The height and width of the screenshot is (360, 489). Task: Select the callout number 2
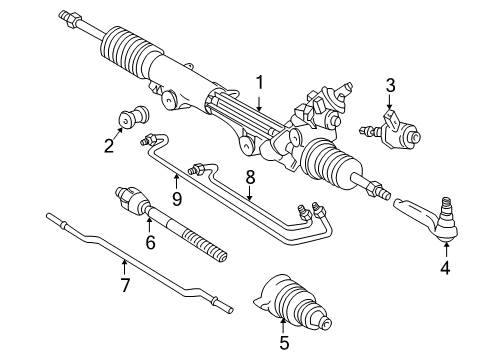[109, 146]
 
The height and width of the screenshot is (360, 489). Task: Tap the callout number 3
[390, 85]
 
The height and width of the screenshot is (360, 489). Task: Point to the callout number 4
[445, 267]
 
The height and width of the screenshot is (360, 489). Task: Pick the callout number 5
[284, 342]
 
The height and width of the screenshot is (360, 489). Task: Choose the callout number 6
[150, 242]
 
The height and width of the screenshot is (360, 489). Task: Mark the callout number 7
[125, 285]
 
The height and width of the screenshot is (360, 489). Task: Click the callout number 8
[250, 177]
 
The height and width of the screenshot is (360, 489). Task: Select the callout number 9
[177, 199]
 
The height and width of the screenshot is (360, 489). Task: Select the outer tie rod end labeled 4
[430, 217]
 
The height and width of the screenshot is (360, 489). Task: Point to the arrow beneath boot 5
[283, 326]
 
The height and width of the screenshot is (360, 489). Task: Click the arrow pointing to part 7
[124, 268]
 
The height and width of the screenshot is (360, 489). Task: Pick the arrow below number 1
[259, 101]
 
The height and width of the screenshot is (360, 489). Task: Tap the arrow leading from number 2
[118, 133]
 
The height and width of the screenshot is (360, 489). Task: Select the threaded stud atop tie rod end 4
[446, 204]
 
